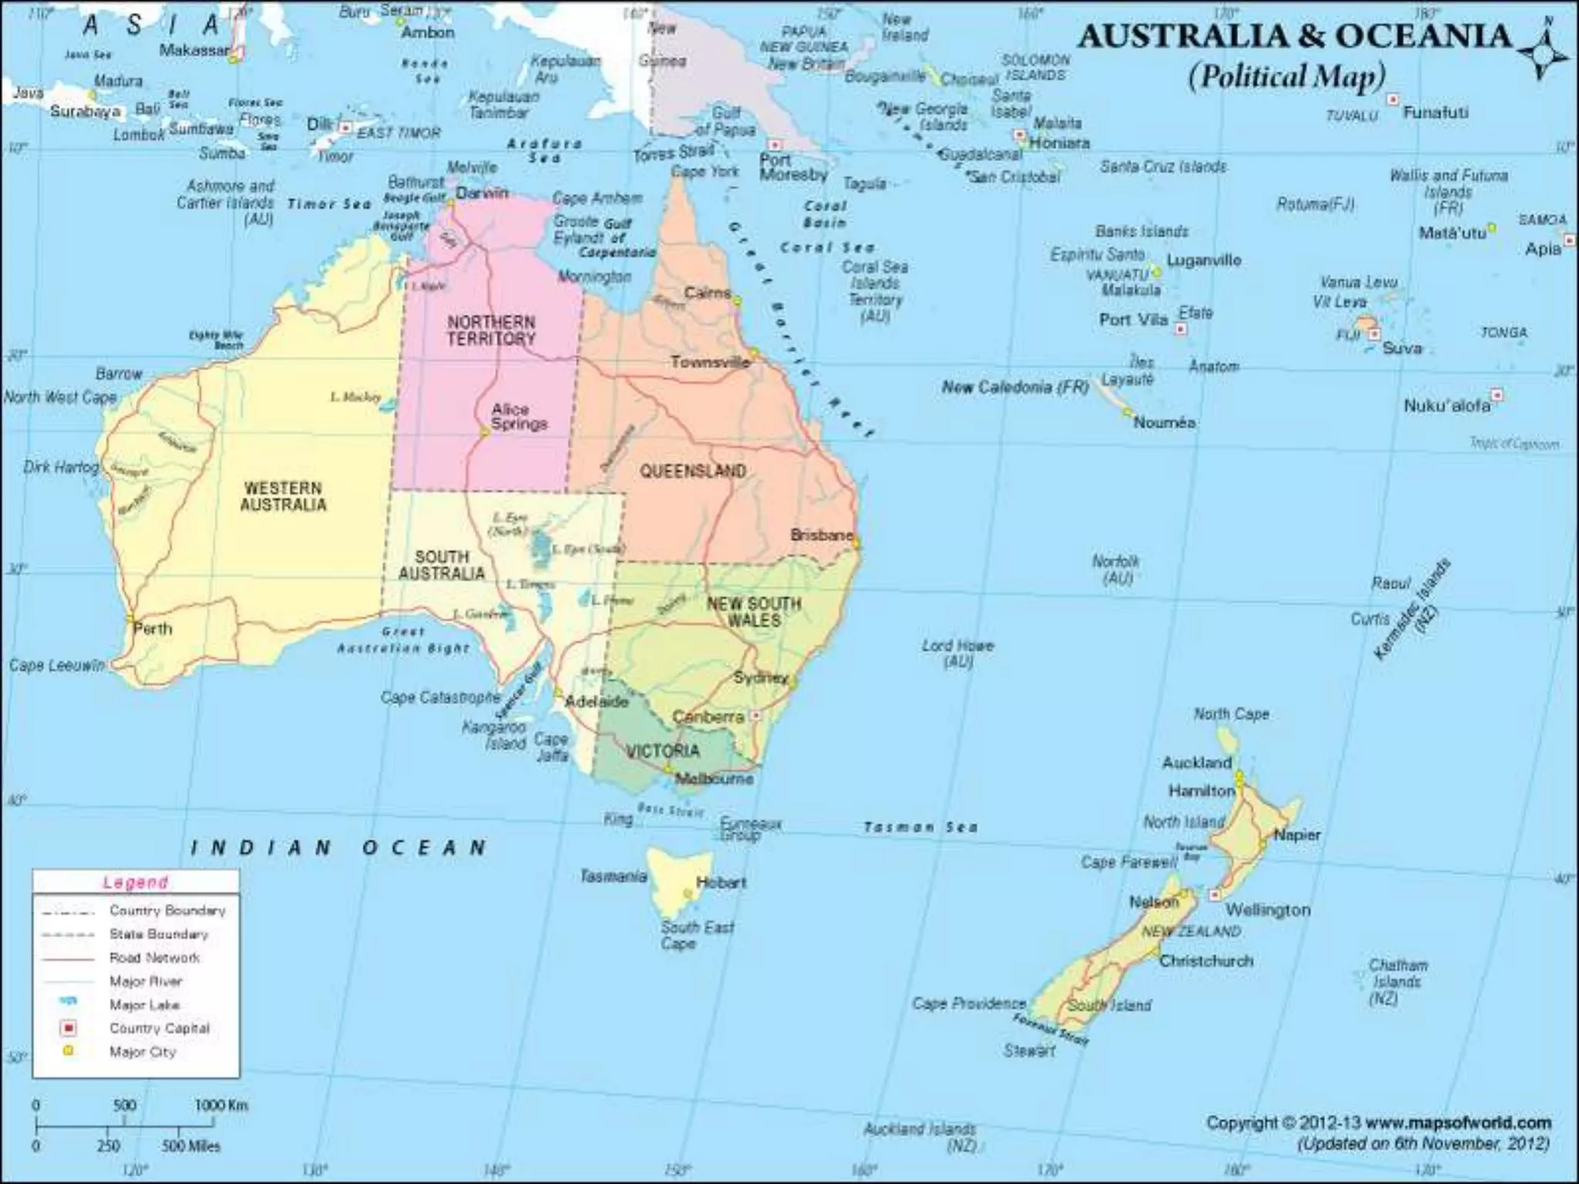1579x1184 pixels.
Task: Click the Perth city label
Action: (153, 628)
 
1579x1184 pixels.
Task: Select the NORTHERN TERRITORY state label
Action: (491, 330)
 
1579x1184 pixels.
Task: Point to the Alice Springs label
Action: (519, 416)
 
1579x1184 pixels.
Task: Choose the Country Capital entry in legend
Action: (159, 1028)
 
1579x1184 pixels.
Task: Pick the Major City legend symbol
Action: (69, 1051)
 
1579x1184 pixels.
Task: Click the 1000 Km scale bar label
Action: (221, 1105)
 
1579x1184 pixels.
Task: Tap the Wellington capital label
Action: (1268, 910)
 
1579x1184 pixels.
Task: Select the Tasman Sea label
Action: (920, 827)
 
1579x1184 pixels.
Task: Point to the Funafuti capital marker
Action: (1393, 99)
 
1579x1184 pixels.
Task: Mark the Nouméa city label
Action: (1164, 422)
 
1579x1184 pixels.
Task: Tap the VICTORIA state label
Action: (662, 751)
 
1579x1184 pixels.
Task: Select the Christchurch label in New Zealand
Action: (1207, 960)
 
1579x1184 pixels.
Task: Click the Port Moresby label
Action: (793, 167)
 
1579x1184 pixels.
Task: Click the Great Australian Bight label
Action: (403, 640)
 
